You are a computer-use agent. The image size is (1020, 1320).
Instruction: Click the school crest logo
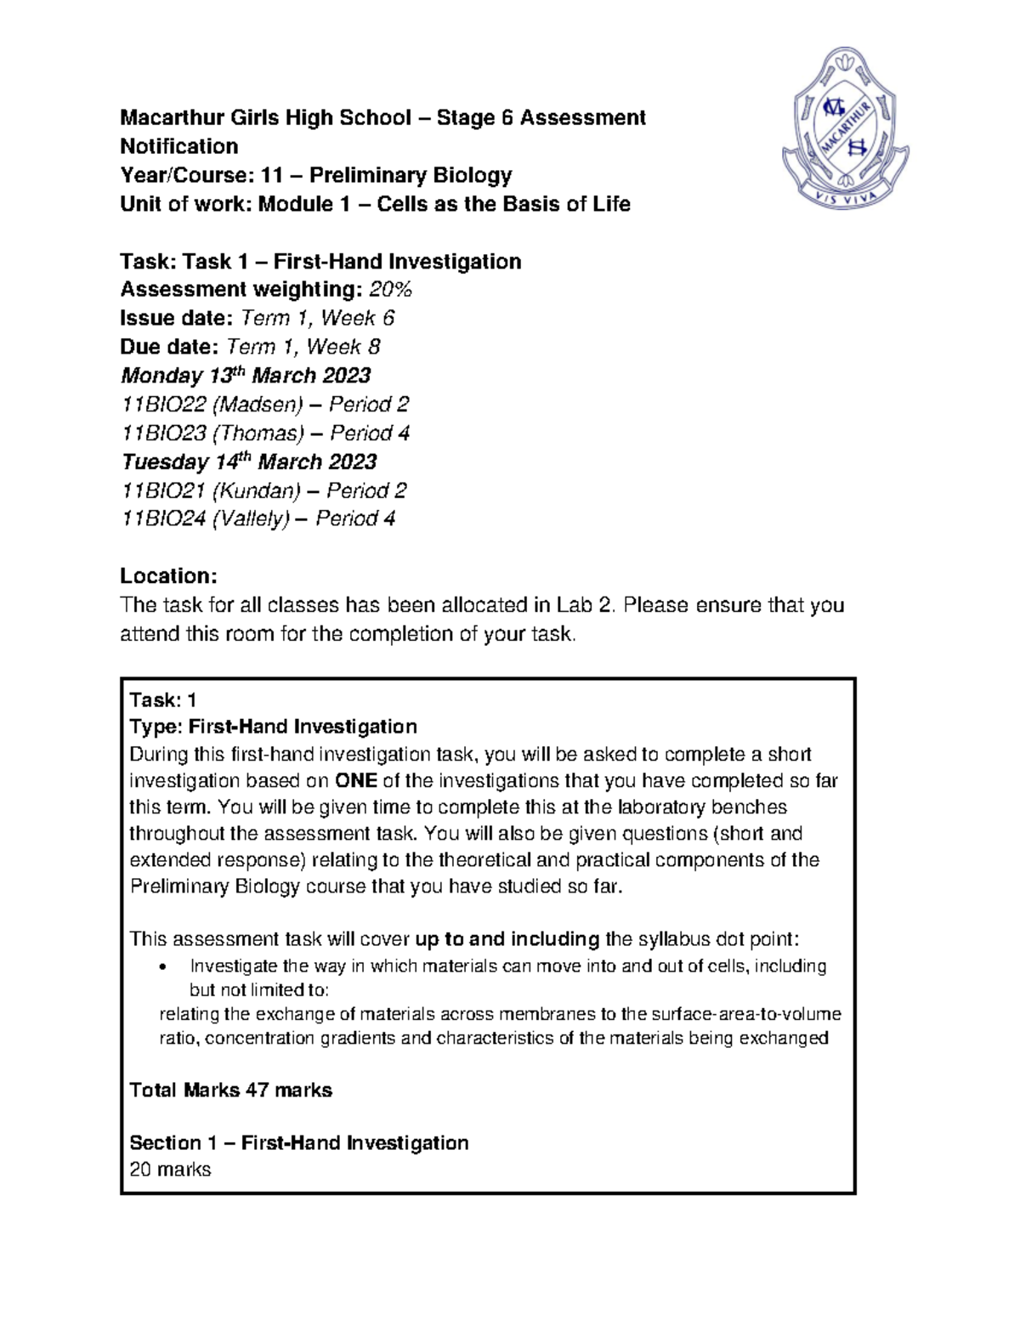point(845,127)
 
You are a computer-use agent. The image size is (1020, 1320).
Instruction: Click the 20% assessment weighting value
point(390,290)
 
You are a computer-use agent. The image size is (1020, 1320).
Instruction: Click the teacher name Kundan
point(257,490)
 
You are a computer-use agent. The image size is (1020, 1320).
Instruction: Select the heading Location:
point(168,576)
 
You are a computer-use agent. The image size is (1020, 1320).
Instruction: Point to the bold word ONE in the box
point(356,780)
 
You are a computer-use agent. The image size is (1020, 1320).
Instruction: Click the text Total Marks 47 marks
point(230,1091)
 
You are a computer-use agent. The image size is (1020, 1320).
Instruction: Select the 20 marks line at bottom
point(170,1170)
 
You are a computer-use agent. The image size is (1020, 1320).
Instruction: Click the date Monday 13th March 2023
point(246,376)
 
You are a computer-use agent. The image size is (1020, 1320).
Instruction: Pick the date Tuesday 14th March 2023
point(248,462)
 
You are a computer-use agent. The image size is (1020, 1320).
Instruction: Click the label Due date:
point(170,347)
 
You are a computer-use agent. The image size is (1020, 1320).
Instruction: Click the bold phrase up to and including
point(507,939)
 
